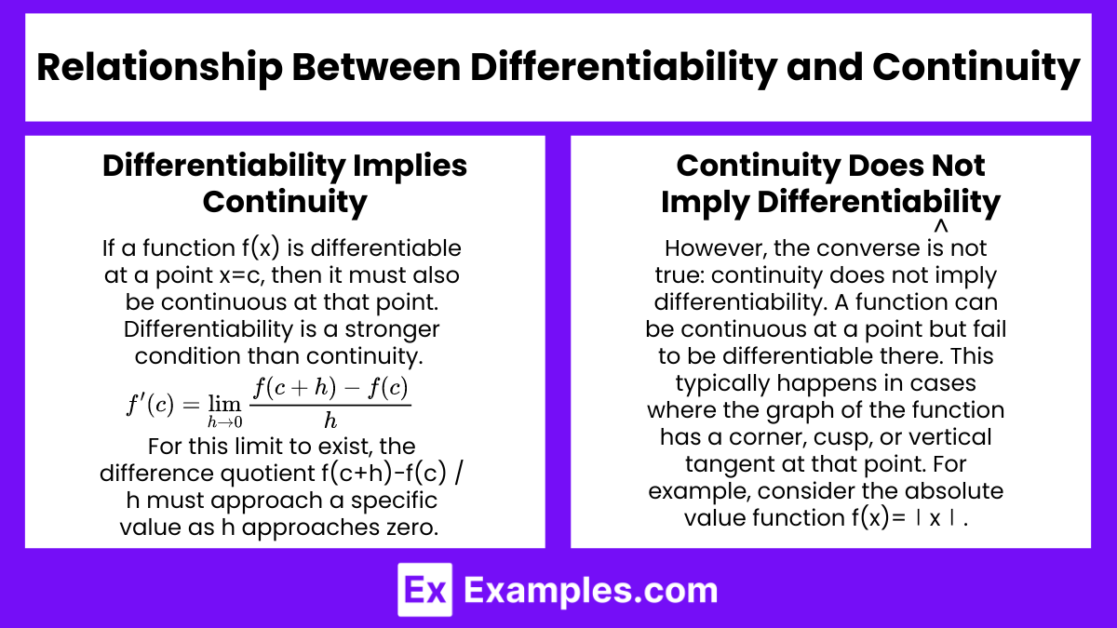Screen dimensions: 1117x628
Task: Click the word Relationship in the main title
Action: point(159,68)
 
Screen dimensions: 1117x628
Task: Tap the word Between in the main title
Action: point(376,67)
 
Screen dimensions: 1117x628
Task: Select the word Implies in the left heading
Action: point(410,167)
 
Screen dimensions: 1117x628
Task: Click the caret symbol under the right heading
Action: point(940,226)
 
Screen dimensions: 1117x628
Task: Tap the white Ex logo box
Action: point(424,590)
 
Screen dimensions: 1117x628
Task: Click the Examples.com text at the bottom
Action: point(590,591)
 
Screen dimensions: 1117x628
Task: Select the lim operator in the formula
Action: point(224,404)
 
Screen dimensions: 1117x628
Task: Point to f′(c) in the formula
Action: point(150,404)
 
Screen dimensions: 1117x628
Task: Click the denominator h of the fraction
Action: point(330,421)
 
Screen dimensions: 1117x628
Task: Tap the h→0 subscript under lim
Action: point(225,422)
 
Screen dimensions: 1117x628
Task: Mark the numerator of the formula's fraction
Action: point(330,388)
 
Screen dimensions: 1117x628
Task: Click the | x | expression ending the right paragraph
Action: point(935,518)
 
